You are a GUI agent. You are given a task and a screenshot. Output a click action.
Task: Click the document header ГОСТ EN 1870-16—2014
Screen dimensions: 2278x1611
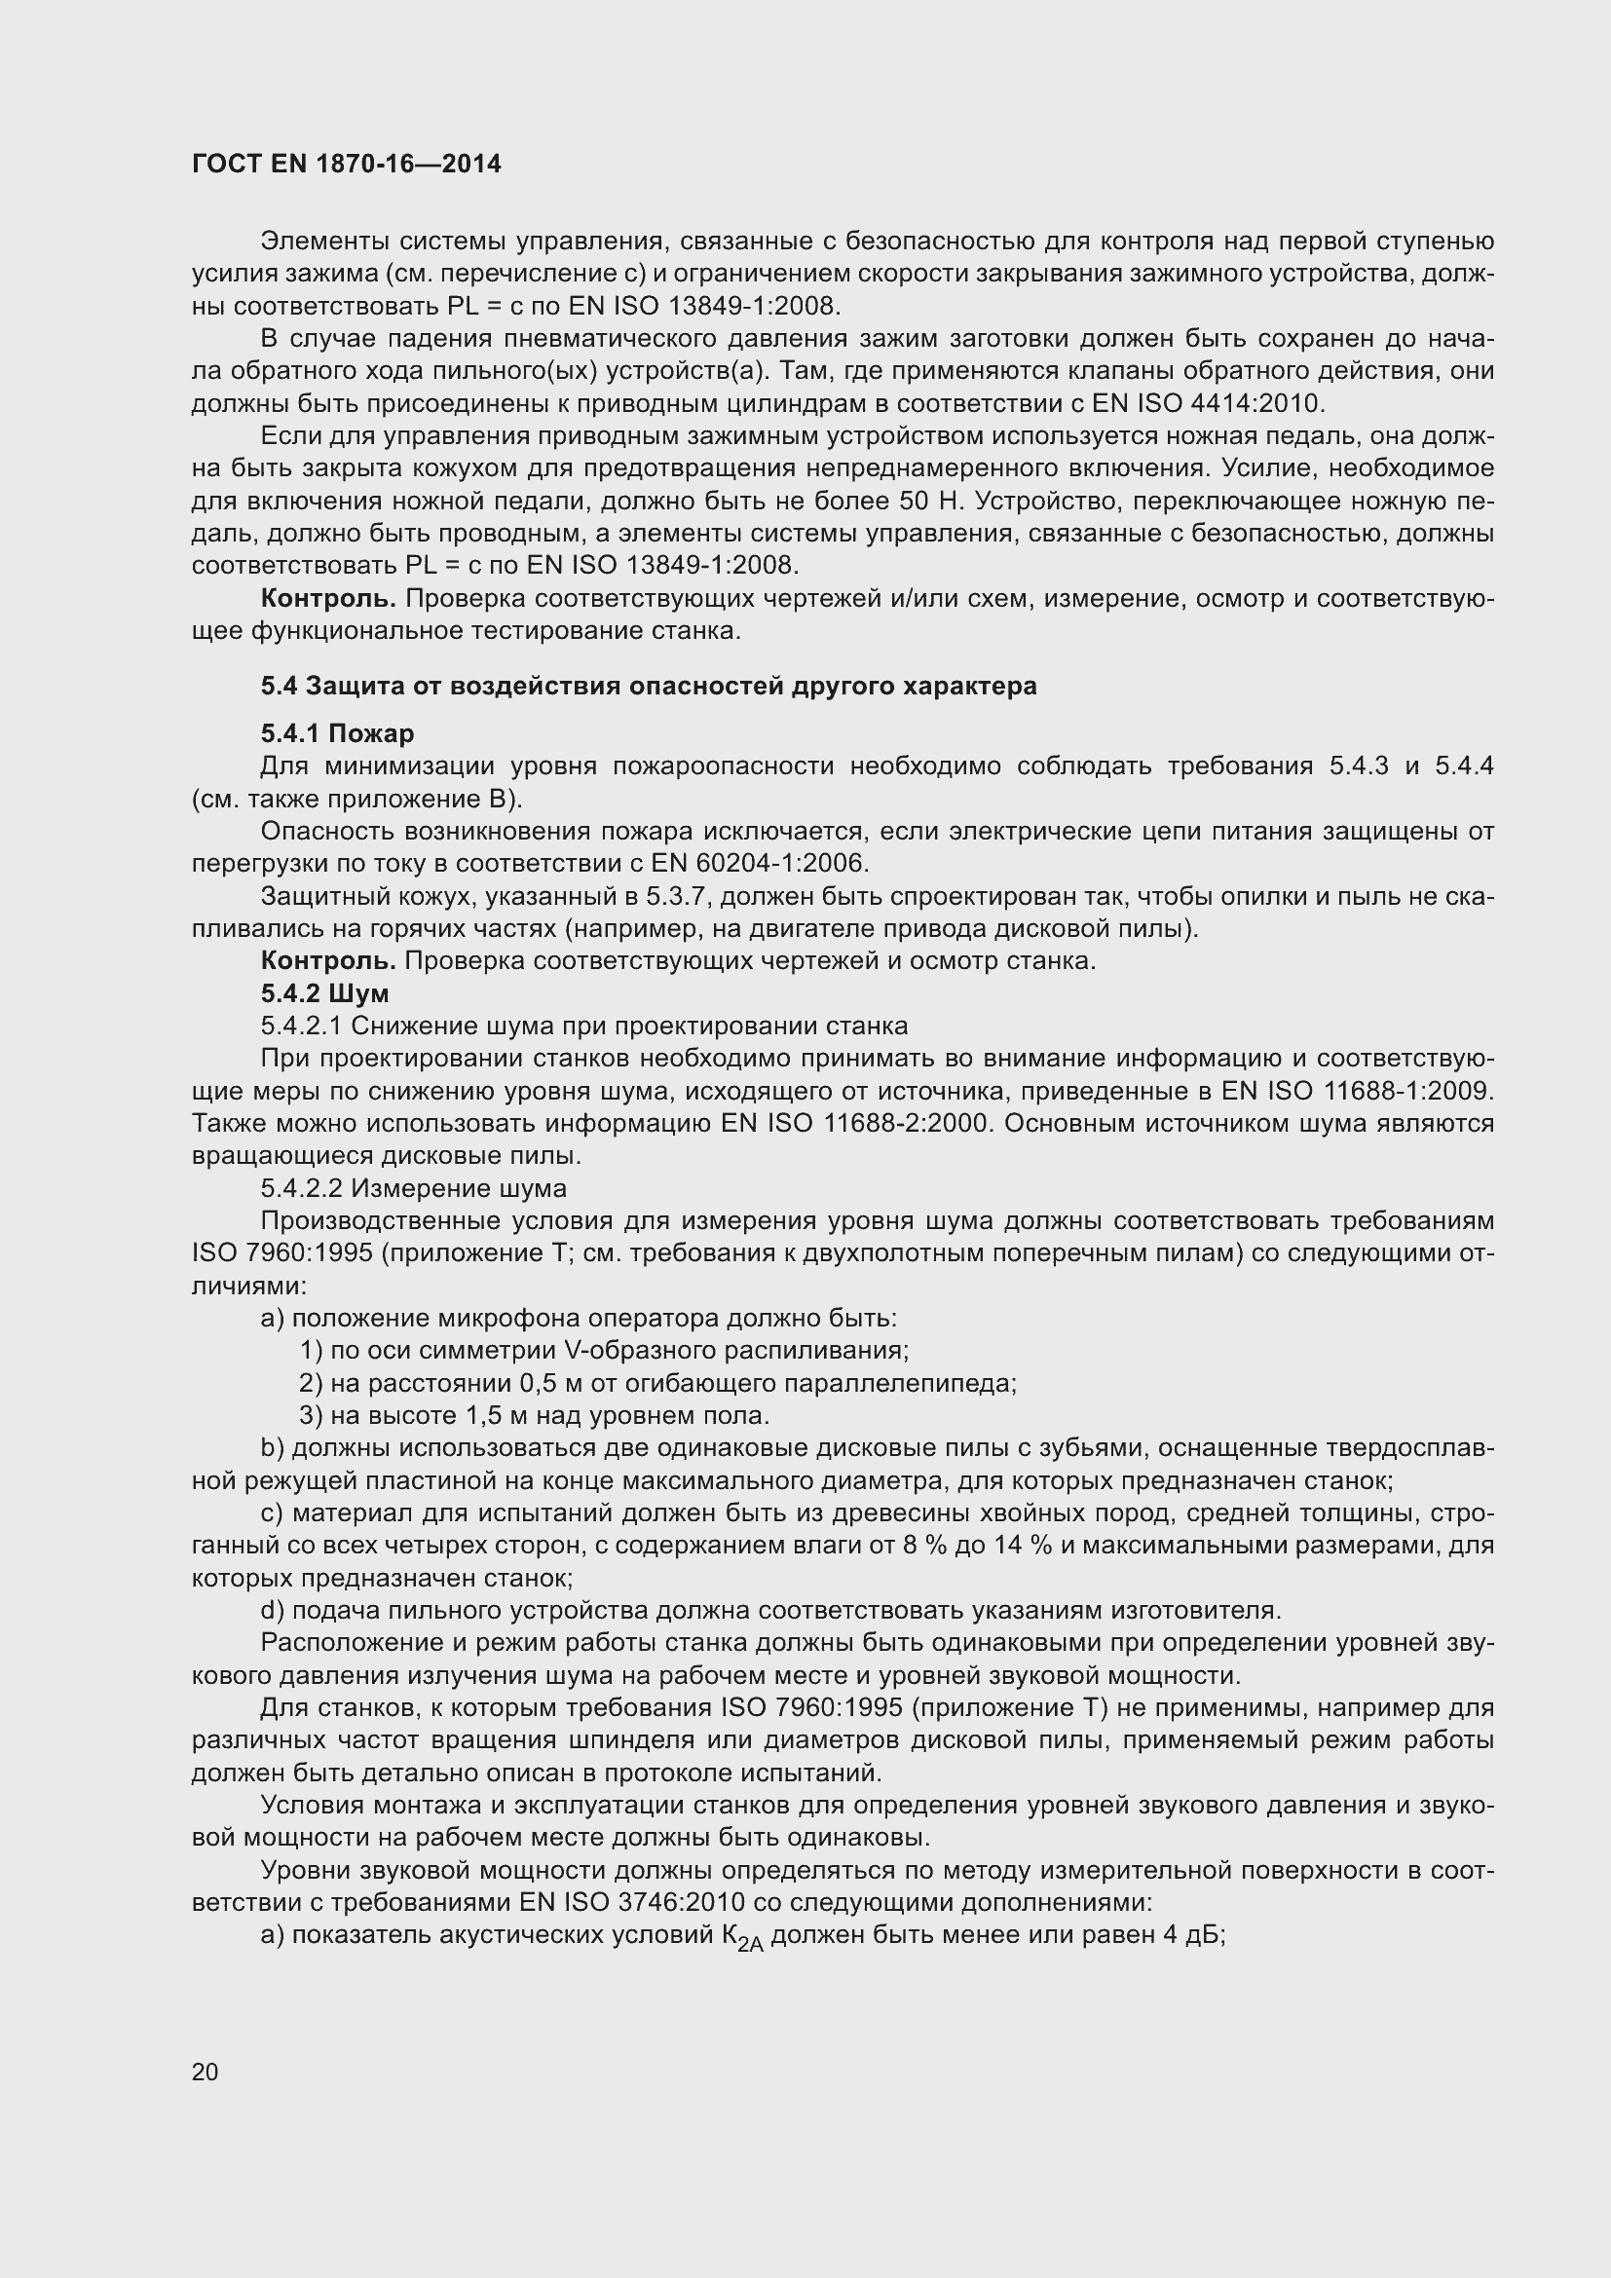[x=346, y=165]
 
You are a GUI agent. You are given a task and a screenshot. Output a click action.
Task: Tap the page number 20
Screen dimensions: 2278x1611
[x=205, y=2071]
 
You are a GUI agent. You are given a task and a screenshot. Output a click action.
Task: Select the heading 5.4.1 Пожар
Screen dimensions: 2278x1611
[x=337, y=733]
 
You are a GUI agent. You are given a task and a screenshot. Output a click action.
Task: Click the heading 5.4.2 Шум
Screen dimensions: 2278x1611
[x=324, y=993]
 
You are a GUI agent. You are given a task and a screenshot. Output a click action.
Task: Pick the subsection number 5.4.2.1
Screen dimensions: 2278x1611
[x=302, y=1025]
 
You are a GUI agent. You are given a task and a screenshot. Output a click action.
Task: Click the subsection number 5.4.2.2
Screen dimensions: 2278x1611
[x=302, y=1187]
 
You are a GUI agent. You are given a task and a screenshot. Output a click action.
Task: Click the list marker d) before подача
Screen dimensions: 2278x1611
[x=272, y=1609]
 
